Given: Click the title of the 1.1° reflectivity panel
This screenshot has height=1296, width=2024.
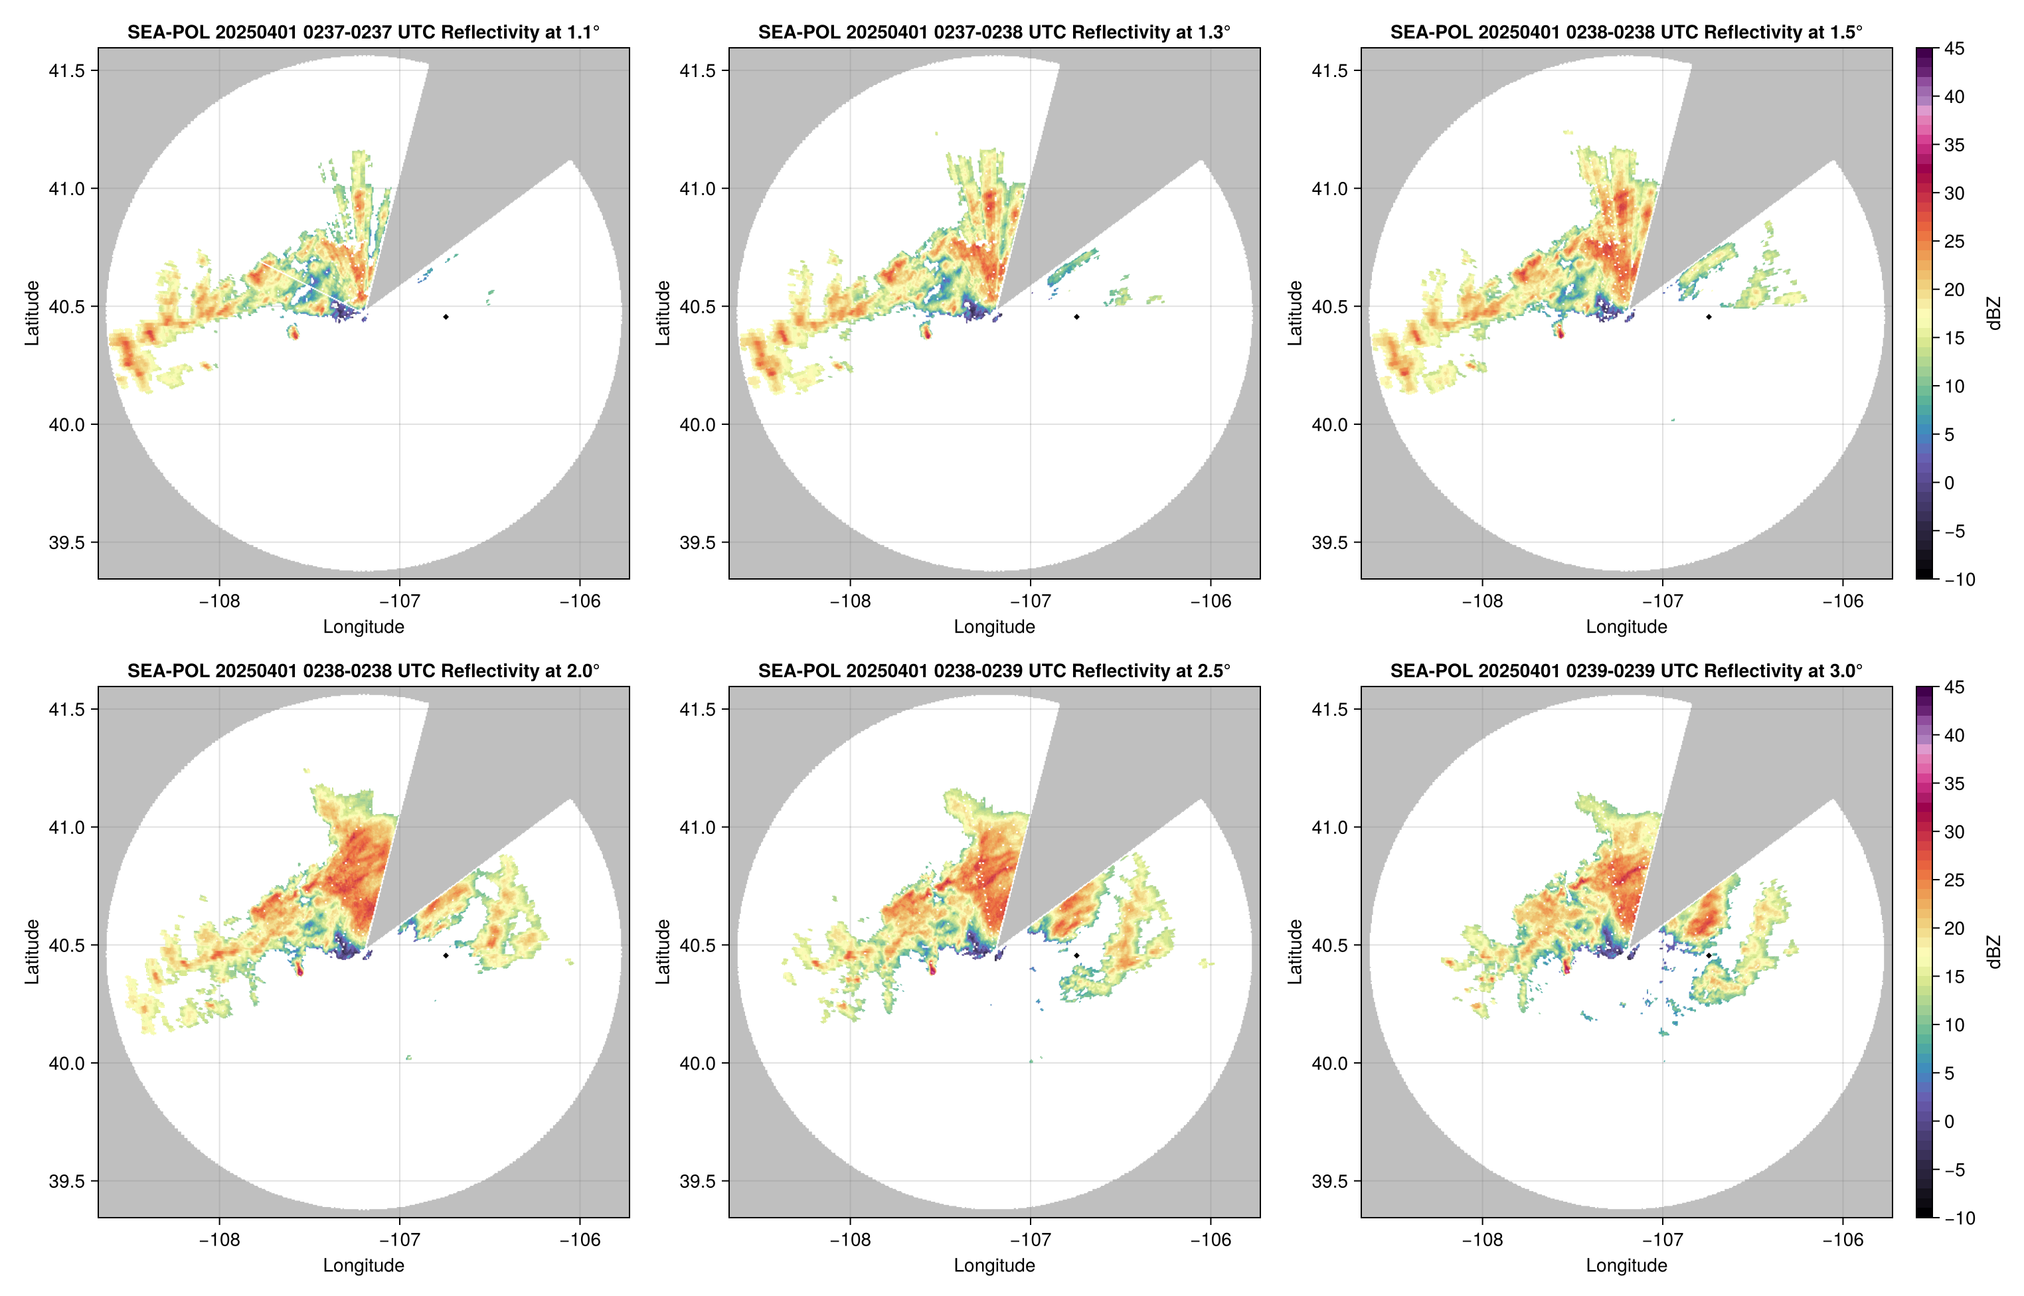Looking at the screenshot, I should coord(363,32).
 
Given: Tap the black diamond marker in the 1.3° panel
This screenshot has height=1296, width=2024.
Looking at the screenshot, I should coord(1076,317).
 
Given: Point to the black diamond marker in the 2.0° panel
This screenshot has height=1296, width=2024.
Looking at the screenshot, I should coord(445,955).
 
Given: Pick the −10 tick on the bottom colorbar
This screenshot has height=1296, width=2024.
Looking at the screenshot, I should coord(1958,1218).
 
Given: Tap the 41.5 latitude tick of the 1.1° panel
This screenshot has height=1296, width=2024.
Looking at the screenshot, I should coord(67,70).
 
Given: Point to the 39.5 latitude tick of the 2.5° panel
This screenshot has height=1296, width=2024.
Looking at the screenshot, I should coord(698,1180).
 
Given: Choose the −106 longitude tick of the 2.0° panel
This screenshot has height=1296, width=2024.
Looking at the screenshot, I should coord(580,1240).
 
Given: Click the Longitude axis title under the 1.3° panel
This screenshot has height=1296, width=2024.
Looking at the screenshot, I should coord(994,626).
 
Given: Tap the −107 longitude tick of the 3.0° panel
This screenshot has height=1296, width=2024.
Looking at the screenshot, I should coord(1662,1240).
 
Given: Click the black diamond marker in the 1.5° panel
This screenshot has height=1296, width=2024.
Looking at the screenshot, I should coord(1709,317).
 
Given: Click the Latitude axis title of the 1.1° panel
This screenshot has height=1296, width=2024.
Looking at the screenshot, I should coord(32,313).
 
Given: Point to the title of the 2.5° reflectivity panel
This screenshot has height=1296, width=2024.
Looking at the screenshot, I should coord(994,671).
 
